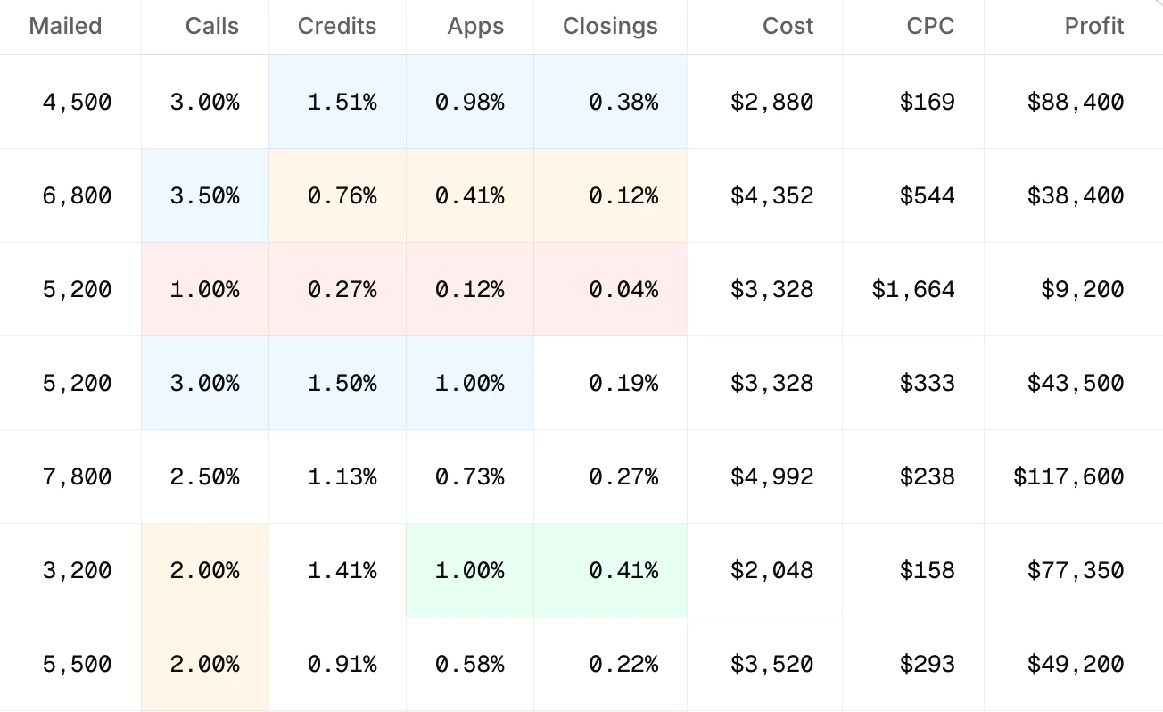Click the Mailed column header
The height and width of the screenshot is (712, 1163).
click(x=65, y=26)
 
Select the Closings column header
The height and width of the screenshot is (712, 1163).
click(x=610, y=26)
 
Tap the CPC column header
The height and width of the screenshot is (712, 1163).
click(x=930, y=26)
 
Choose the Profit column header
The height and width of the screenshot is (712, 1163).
click(x=1093, y=26)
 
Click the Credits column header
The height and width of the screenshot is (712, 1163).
click(x=337, y=26)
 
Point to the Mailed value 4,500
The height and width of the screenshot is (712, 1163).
click(x=78, y=103)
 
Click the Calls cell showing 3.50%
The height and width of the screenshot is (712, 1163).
click(x=205, y=196)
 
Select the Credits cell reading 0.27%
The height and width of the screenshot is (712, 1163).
click(x=342, y=290)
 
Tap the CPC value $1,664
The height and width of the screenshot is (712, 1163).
click(x=913, y=290)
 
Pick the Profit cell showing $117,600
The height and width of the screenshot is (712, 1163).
click(x=1068, y=477)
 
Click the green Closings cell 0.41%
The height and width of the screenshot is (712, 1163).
click(x=623, y=571)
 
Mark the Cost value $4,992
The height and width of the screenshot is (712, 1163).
click(x=771, y=477)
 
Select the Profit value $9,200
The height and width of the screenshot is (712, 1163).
click(x=1082, y=290)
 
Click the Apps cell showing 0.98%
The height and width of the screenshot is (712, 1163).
click(x=470, y=103)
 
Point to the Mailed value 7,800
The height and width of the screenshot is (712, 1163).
click(x=78, y=477)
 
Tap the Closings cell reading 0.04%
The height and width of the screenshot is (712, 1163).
click(x=623, y=290)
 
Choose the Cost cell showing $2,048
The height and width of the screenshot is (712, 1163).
click(x=771, y=571)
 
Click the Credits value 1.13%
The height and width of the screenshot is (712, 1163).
click(x=342, y=477)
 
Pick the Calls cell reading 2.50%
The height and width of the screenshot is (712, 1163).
click(x=205, y=477)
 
